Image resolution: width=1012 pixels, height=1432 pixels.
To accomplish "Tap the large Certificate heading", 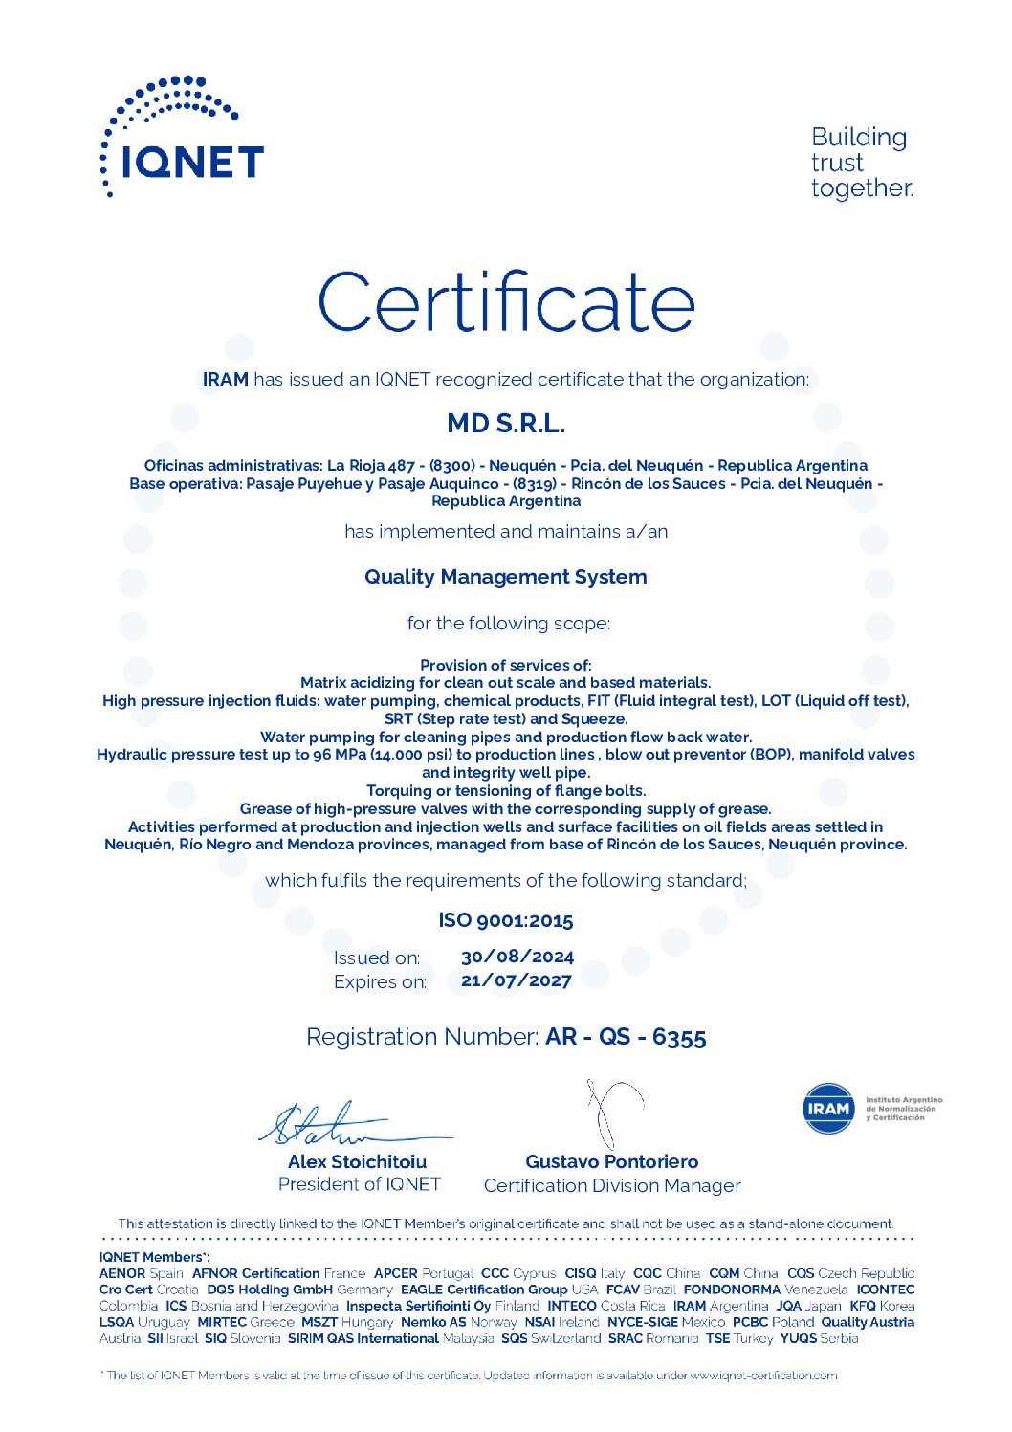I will click(506, 301).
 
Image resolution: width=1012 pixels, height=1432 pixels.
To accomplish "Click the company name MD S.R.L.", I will click(506, 423).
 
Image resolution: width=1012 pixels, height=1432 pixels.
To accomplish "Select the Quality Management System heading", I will click(506, 577).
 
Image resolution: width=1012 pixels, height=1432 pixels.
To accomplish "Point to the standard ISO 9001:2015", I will click(506, 920).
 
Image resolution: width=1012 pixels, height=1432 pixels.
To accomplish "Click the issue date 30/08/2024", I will click(517, 957).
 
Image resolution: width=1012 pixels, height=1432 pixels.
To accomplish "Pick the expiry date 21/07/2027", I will click(517, 980).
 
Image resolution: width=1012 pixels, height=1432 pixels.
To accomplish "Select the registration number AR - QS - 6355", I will click(626, 1037).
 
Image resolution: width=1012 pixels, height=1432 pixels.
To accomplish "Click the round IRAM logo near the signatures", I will click(828, 1109).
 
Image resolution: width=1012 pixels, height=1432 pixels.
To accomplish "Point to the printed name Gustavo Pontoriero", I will click(612, 1161).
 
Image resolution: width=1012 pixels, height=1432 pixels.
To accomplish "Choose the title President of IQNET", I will click(359, 1184).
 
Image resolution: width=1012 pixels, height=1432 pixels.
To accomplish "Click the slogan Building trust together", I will click(861, 163).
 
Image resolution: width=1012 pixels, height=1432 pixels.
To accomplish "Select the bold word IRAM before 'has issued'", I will click(226, 379).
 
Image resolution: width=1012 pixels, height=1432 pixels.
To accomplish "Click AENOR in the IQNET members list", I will click(122, 1273).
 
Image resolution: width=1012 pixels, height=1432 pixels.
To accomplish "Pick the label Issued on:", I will click(377, 958).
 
